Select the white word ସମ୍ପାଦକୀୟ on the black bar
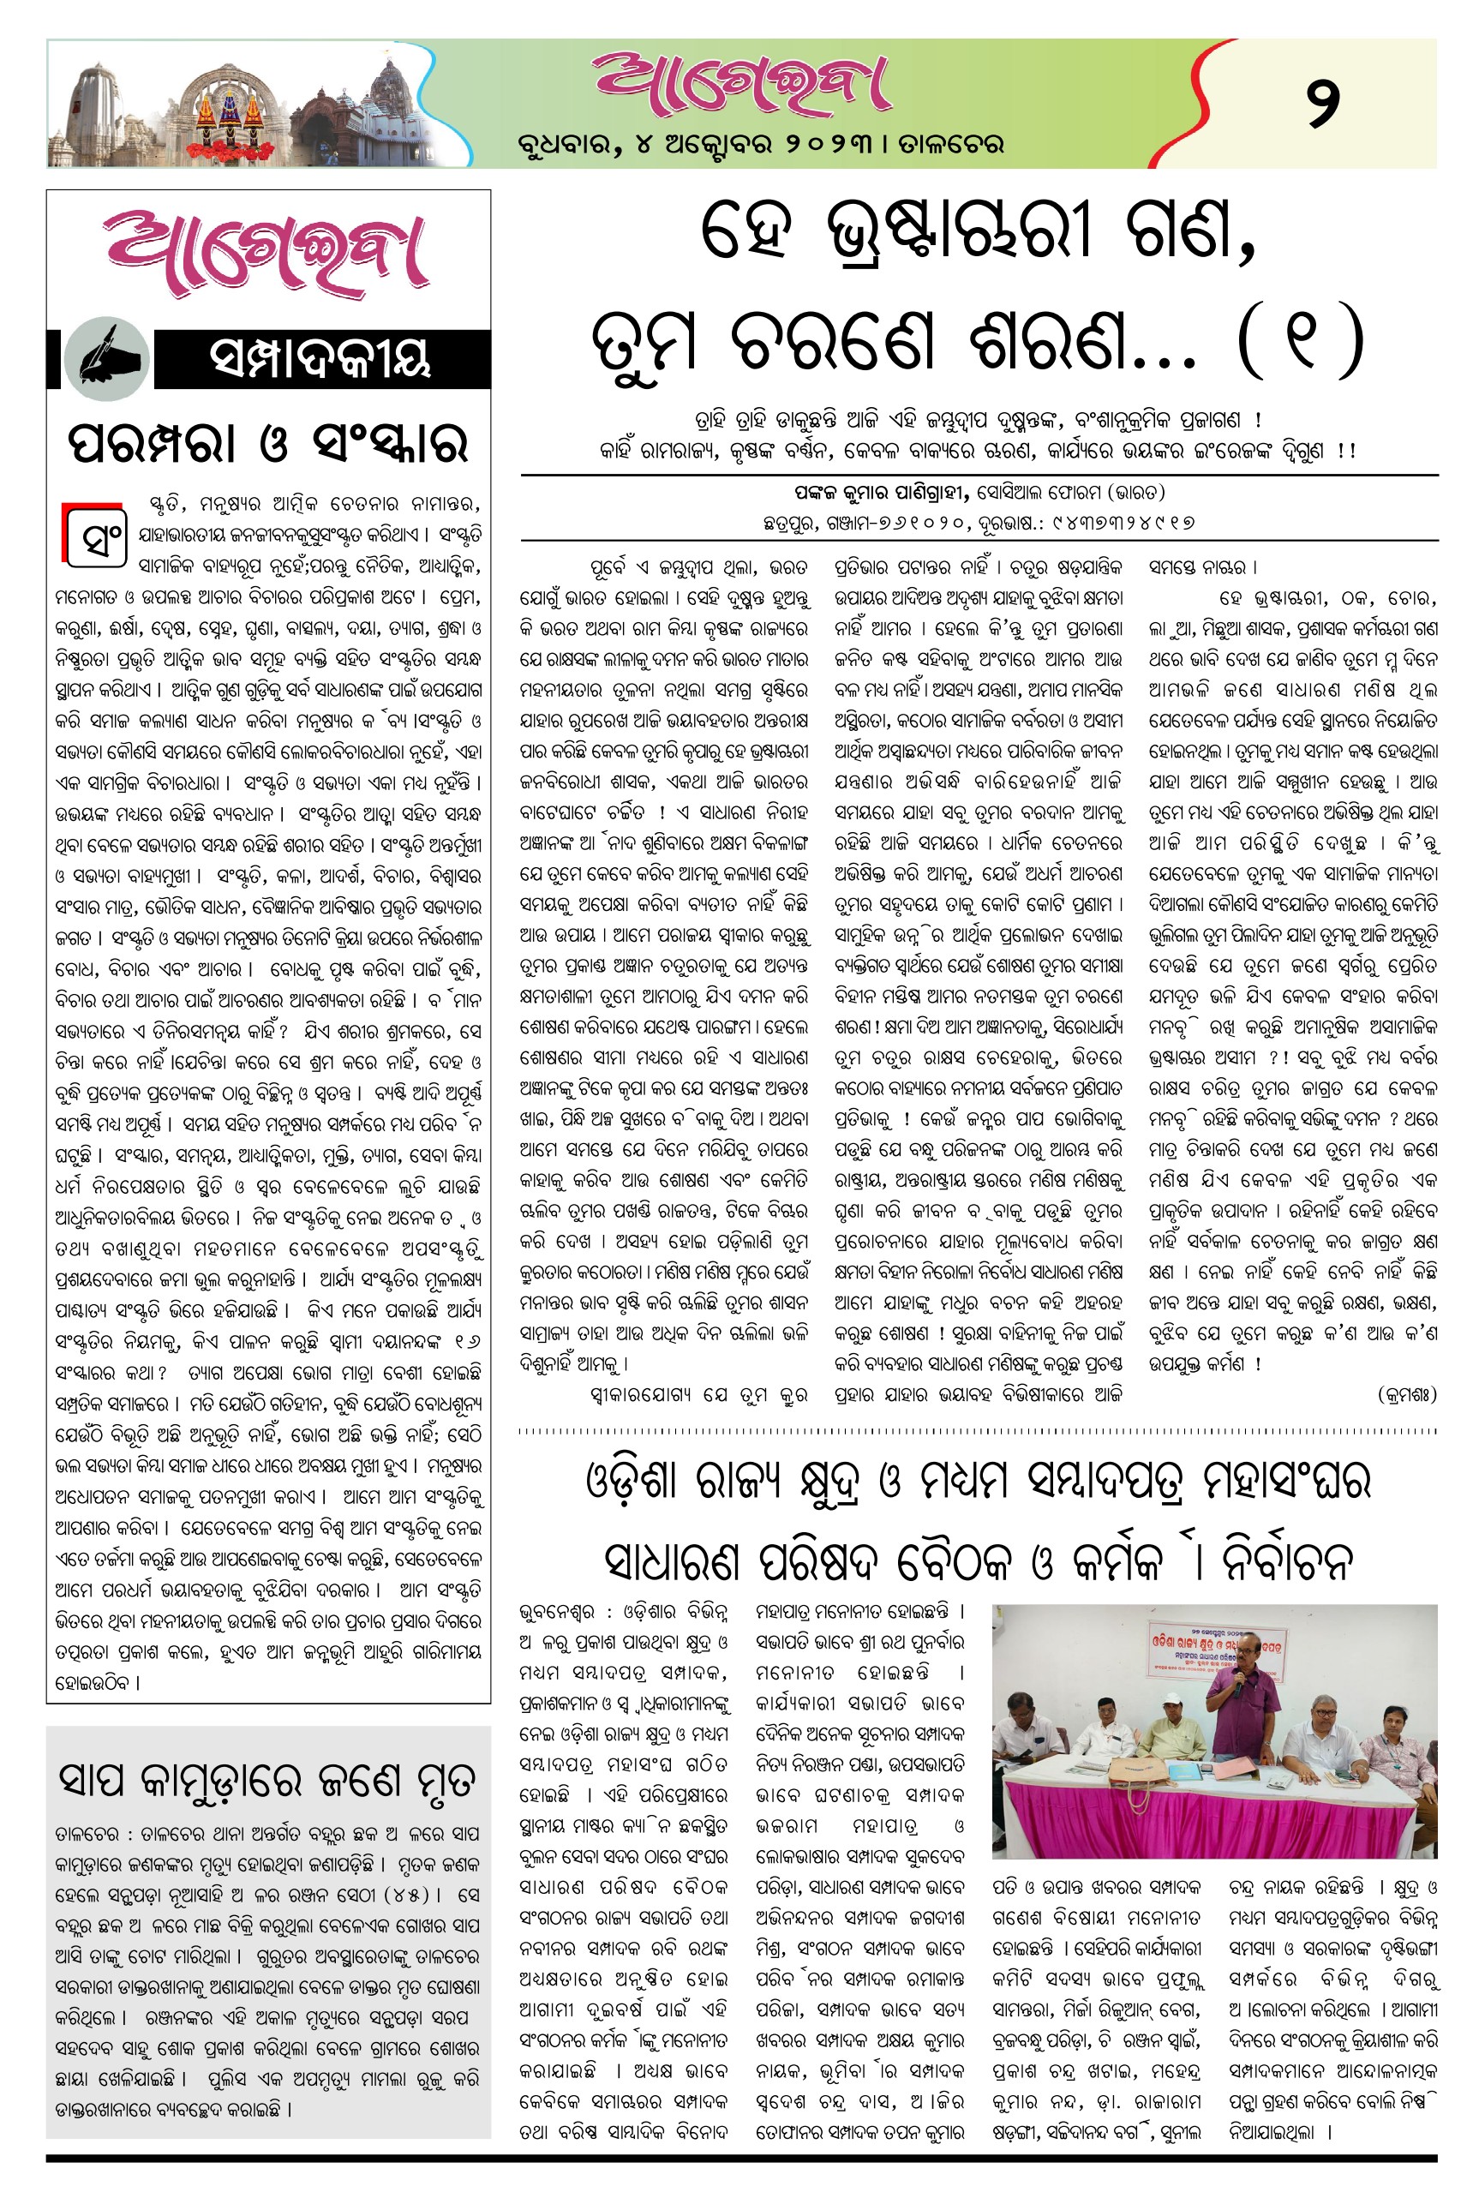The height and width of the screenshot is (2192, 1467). [320, 359]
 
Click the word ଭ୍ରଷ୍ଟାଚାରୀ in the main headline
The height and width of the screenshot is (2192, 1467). [959, 234]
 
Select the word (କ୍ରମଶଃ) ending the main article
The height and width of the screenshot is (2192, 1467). [1406, 1395]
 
